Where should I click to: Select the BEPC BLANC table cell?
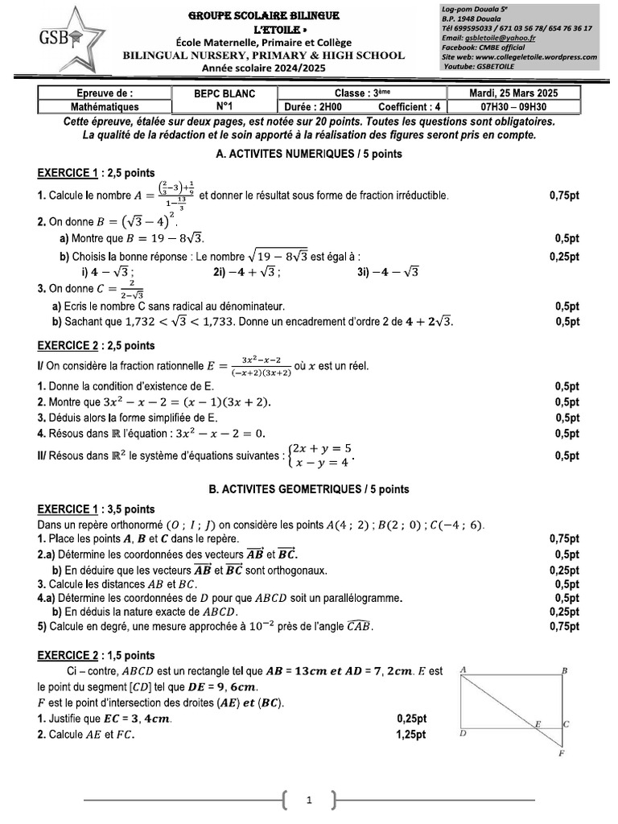coord(224,93)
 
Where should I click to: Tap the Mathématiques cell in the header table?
coord(105,106)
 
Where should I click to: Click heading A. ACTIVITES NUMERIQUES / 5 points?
coord(309,153)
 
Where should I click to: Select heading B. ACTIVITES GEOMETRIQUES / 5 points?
coord(309,488)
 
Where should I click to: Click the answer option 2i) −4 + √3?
coord(247,272)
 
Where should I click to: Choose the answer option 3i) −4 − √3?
coord(388,272)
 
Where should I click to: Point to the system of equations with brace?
coord(323,455)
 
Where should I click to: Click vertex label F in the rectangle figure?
coord(561,754)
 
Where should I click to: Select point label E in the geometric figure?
coord(538,723)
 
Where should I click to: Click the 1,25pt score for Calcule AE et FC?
coord(411,735)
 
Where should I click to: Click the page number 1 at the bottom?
coord(310,801)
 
